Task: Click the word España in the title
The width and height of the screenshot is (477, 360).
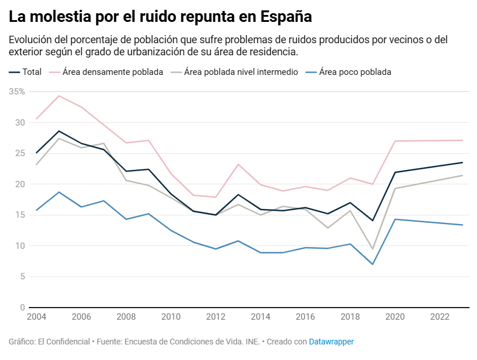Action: tap(286, 17)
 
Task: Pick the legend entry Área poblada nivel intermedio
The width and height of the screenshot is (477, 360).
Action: tap(241, 72)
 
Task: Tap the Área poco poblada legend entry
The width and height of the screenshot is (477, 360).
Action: tap(355, 72)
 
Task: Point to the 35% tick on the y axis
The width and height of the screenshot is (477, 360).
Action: tap(17, 92)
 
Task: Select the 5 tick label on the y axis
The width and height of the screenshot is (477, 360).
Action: tap(22, 276)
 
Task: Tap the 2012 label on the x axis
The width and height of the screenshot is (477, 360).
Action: tap(215, 317)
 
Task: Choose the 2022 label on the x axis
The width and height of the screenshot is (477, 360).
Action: tap(440, 317)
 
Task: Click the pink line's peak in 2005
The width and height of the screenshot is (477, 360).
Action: tap(59, 96)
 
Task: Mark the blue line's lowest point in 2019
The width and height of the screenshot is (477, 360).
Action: tap(373, 264)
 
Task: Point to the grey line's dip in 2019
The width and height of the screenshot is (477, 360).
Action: tap(373, 249)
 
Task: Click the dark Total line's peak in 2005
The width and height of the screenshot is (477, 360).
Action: tap(59, 131)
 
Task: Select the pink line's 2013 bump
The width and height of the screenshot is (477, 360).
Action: tap(238, 164)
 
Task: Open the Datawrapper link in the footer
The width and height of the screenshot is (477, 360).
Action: tap(331, 342)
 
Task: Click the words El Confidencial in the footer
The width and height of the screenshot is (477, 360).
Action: tap(64, 342)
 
